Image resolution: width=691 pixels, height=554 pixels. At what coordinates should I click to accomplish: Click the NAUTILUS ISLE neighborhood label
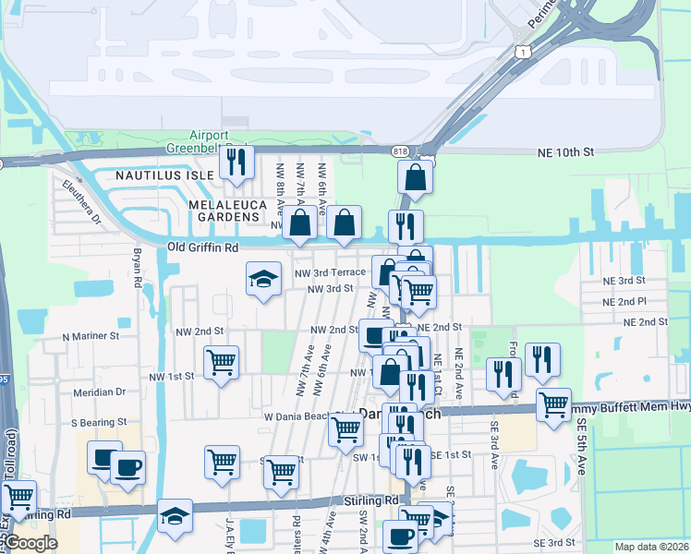pyautogui.click(x=164, y=174)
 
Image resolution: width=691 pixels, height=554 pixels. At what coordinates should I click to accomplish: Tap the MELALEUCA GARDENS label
pyautogui.click(x=224, y=210)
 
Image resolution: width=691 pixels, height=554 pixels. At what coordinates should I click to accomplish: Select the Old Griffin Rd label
pyautogui.click(x=203, y=247)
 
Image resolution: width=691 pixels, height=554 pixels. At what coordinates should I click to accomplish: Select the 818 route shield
pyautogui.click(x=399, y=151)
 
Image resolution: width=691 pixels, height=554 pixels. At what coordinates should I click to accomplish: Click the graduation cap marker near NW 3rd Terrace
pyautogui.click(x=263, y=280)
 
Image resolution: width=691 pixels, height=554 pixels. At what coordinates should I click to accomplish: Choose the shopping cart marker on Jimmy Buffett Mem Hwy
pyautogui.click(x=552, y=404)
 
